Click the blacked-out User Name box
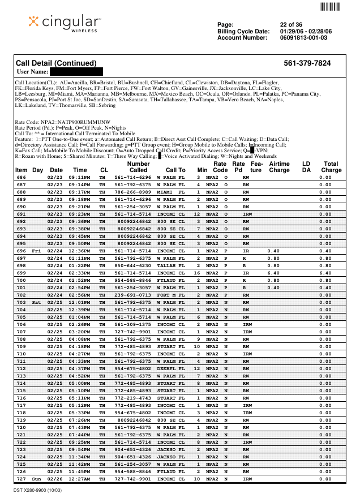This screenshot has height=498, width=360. tap(76, 72)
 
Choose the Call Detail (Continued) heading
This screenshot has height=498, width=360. tap(56, 63)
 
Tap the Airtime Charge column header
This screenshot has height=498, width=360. tap(279, 167)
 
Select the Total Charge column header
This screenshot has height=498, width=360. tap(331, 167)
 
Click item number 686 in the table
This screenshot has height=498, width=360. tap(22, 177)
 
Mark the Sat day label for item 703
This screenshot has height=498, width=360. tap(37, 302)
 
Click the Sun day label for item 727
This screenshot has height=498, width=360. tap(37, 479)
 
